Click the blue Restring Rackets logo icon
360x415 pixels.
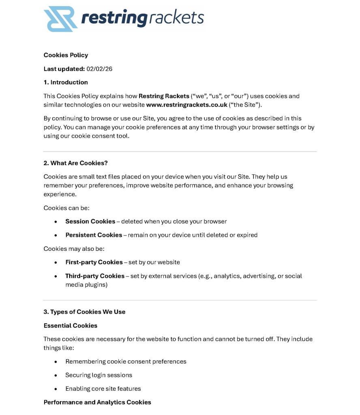[x=60, y=19]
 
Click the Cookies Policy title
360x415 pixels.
[x=66, y=55]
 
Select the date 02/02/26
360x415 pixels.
[x=99, y=69]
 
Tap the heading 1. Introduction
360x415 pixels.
[x=66, y=82]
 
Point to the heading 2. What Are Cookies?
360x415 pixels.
[x=75, y=163]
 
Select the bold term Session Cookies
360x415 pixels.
[x=90, y=221]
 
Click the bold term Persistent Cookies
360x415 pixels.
[x=93, y=235]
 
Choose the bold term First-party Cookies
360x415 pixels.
[x=94, y=262]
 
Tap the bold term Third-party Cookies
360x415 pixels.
[x=94, y=276]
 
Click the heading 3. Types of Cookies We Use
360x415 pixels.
[x=84, y=312]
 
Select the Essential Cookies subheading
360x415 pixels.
[x=70, y=325]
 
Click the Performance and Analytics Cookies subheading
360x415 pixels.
[x=97, y=402]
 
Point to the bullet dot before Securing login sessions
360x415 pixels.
[x=56, y=375]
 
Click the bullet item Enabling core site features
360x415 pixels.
[x=103, y=389]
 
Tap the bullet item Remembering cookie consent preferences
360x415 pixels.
[x=126, y=362]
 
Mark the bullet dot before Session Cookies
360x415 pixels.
[x=56, y=222]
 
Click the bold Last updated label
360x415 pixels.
[x=64, y=69]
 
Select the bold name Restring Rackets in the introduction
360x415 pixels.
[x=164, y=96]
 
